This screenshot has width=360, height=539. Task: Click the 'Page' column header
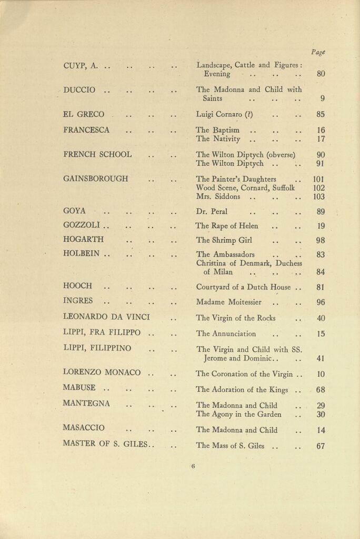(317, 52)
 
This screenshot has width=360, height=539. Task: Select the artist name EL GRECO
(83, 114)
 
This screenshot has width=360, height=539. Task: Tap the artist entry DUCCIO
(79, 90)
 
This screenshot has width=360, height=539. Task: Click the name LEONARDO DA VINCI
(106, 317)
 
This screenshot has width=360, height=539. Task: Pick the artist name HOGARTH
(83, 238)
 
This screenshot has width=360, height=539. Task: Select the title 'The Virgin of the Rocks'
(235, 318)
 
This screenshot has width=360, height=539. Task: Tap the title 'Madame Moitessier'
(229, 302)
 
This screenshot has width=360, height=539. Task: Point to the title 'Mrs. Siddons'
(218, 197)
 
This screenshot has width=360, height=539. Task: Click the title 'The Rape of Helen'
(227, 226)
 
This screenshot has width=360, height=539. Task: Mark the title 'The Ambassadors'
(225, 254)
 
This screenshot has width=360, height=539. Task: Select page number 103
(319, 197)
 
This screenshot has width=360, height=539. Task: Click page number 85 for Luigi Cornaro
(321, 114)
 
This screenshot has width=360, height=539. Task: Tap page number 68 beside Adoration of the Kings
(321, 390)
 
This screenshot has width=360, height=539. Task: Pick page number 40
(321, 318)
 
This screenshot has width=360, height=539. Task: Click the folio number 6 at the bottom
(193, 466)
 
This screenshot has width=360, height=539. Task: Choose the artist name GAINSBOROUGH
(95, 178)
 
